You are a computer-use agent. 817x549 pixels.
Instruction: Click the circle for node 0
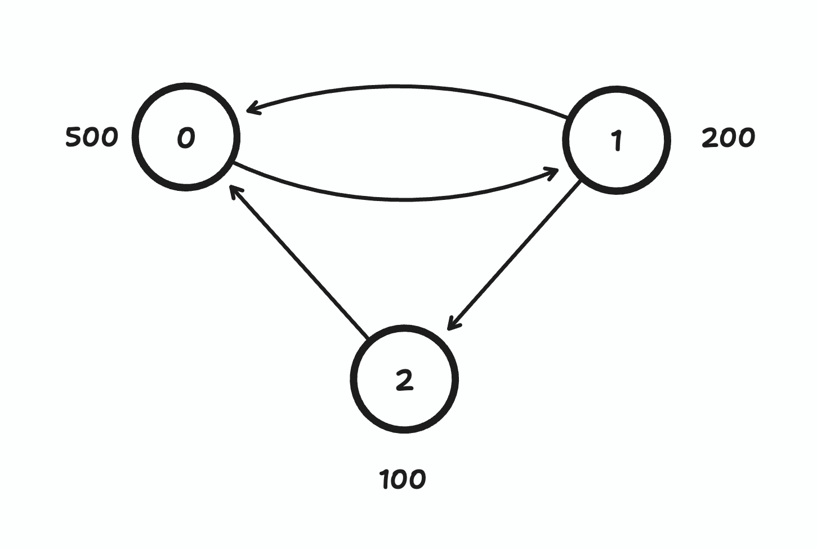point(186,137)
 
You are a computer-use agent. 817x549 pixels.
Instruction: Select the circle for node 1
point(617,140)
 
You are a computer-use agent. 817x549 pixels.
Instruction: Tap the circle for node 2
point(404,380)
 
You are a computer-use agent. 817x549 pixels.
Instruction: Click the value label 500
point(92,137)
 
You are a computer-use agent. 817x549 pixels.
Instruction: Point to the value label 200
point(728,138)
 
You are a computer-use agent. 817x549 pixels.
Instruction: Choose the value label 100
point(403,480)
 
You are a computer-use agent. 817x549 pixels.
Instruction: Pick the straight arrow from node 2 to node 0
point(298,262)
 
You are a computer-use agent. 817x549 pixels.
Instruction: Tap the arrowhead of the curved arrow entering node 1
point(552,171)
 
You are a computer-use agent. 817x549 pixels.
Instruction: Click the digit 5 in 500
point(74,137)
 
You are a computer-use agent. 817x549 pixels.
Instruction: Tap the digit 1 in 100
point(385,480)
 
